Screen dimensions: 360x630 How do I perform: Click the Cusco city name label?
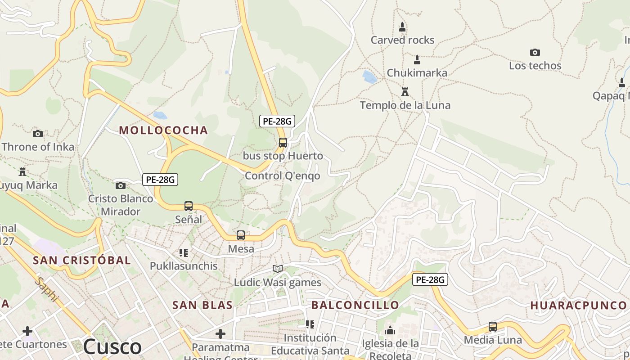point(112,347)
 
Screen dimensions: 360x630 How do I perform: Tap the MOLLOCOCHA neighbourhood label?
point(163,130)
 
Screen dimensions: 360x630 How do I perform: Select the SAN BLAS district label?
point(202,305)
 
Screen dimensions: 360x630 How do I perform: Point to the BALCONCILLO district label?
point(355,305)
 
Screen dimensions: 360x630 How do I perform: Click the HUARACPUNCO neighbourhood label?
point(578,305)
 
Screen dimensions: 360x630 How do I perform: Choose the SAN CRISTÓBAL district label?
point(82,260)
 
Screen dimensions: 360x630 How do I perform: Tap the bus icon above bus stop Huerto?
point(283,143)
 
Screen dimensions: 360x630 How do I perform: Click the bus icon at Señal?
point(189,206)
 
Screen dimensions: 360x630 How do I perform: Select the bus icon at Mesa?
point(241,235)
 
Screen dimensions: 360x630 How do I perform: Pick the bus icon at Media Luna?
point(493,327)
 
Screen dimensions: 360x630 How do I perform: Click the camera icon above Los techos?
point(535,52)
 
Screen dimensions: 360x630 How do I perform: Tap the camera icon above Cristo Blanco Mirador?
point(121,185)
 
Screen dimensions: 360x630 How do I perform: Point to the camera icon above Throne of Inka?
point(38,134)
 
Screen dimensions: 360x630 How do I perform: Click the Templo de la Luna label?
point(405,105)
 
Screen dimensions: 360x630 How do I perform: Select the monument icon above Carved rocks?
point(402,27)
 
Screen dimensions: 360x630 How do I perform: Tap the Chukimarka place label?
point(417,73)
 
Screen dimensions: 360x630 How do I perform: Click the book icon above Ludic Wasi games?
point(278,269)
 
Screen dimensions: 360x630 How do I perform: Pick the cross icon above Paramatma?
point(220,334)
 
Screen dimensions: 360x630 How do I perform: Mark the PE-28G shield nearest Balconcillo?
point(430,280)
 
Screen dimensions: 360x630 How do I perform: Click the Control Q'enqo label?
point(282,176)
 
